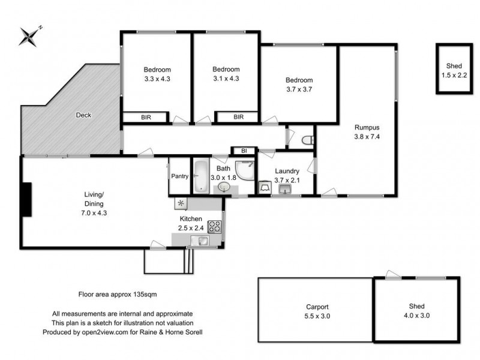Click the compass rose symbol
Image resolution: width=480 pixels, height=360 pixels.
[29, 37]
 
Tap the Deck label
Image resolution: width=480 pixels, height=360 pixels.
[83, 115]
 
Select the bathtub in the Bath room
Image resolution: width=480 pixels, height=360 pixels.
[200, 176]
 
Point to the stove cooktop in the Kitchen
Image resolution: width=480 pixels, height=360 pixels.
[215, 227]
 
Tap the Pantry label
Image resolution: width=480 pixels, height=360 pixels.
[180, 176]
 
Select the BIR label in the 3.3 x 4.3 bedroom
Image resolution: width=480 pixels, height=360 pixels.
[146, 118]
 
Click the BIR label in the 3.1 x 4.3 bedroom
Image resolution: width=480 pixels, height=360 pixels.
[238, 118]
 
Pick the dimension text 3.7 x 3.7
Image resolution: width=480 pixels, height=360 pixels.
[298, 89]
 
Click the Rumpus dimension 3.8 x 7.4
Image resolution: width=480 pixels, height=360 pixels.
[367, 136]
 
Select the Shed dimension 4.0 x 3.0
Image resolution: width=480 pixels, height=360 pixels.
[418, 314]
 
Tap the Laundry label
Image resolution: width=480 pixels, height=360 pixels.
[286, 171]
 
